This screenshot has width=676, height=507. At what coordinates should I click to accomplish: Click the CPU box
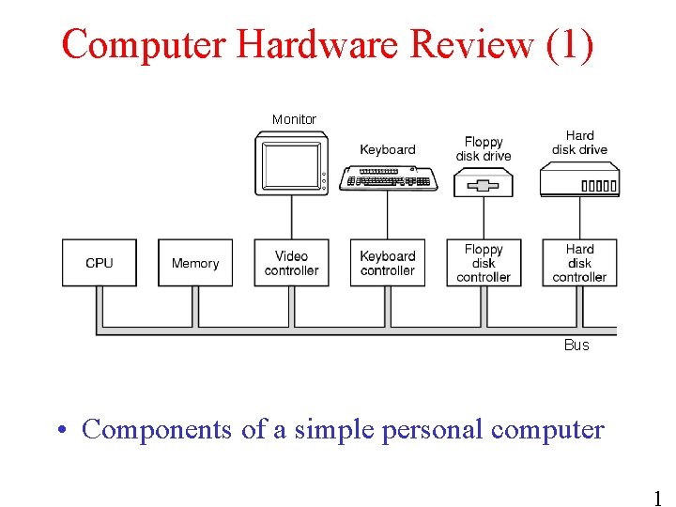[100, 263]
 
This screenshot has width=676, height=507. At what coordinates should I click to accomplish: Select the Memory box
[195, 263]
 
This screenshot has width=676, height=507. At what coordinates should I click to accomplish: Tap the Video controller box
[291, 263]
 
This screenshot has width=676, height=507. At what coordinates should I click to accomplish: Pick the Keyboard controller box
[387, 263]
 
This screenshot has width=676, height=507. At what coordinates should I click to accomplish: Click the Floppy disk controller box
[484, 263]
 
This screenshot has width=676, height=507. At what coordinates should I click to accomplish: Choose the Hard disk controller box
[579, 263]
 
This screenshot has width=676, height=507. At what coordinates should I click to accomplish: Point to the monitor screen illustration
[290, 165]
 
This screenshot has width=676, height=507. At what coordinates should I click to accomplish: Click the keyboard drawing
[387, 177]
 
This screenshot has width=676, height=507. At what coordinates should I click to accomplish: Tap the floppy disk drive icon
[484, 184]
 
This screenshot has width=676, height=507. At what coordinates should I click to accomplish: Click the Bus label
[576, 345]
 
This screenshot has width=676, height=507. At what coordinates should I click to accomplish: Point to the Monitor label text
[294, 119]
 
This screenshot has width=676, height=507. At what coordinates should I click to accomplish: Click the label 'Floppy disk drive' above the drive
[484, 148]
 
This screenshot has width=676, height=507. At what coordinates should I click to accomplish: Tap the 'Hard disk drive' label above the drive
[579, 143]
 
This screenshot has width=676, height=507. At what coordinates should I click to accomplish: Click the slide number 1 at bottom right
[657, 497]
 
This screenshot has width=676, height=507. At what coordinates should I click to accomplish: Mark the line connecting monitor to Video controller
[291, 217]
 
